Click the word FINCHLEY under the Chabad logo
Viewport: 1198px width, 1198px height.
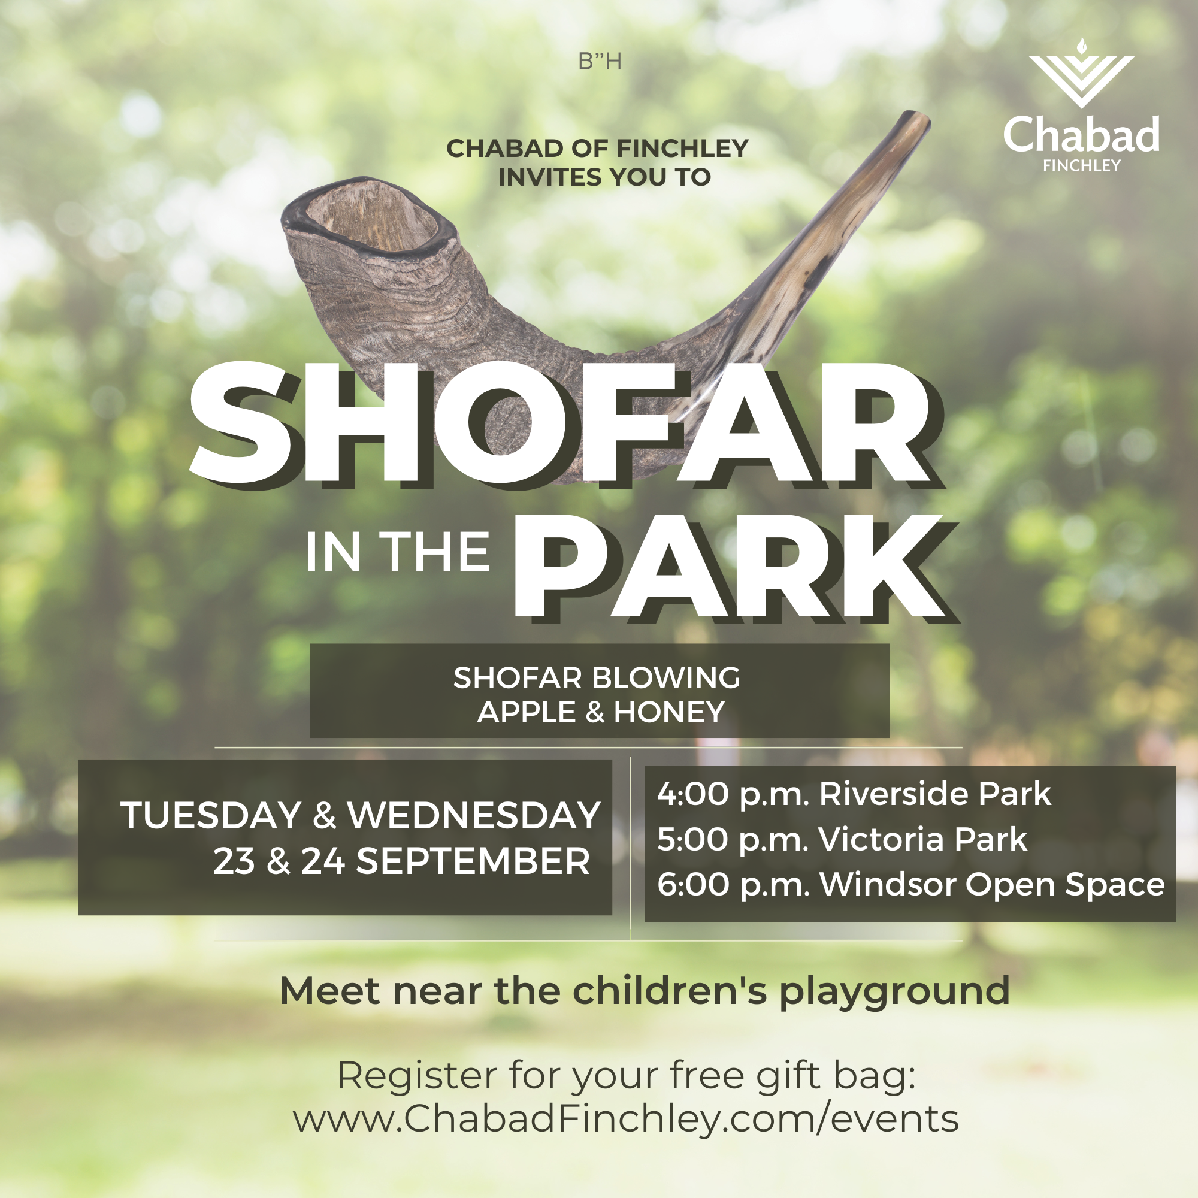coord(1081,165)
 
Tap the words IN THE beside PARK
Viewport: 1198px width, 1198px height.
coord(398,552)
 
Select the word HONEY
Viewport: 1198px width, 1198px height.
coord(669,712)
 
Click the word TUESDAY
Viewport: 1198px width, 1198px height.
coord(211,815)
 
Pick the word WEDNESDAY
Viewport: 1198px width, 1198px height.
coord(474,815)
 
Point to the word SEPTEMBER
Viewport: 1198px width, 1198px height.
coord(473,861)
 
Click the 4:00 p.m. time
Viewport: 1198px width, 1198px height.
coord(734,794)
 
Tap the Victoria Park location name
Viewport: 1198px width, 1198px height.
coord(922,839)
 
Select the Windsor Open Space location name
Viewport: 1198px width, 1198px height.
coord(992,885)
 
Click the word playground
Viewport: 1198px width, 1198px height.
coord(894,992)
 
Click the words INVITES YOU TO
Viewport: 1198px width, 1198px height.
coord(604,177)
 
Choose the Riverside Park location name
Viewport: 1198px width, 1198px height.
coord(935,794)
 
